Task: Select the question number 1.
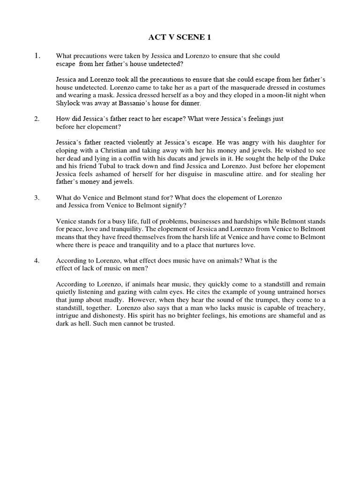[x=38, y=56]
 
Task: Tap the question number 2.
[x=37, y=119]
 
